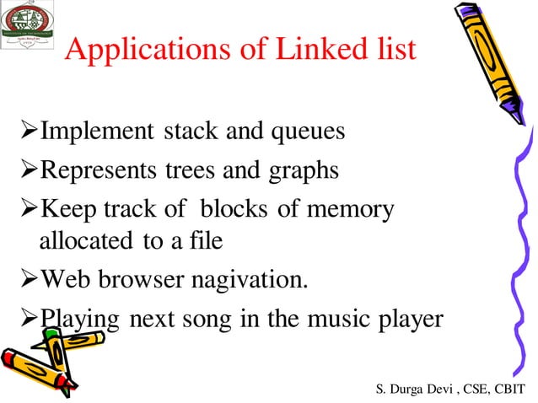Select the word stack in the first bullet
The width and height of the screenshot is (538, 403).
(x=191, y=132)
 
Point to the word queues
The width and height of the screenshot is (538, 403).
(x=307, y=133)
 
